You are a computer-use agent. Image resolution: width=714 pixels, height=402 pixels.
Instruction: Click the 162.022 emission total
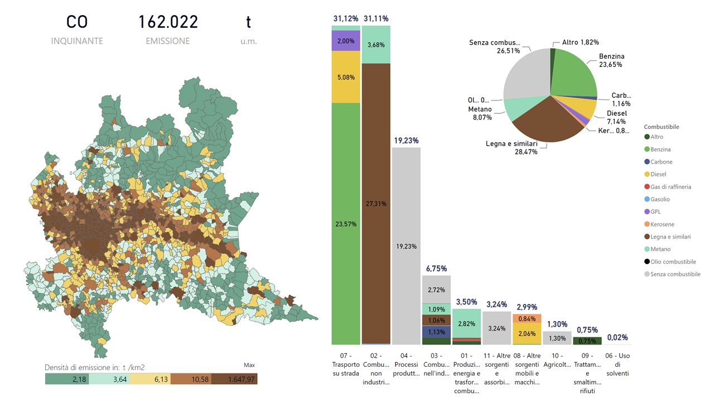tap(168, 22)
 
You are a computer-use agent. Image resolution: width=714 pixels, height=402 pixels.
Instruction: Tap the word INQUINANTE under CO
tap(77, 41)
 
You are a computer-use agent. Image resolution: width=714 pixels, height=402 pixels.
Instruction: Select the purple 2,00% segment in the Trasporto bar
tap(346, 41)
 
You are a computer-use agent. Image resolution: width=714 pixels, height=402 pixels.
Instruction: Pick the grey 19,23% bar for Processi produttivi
tap(407, 246)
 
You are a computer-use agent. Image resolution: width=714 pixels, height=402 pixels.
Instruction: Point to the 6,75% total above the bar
tap(436, 268)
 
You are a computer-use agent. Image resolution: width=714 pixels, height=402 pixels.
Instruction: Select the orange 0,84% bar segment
tap(527, 318)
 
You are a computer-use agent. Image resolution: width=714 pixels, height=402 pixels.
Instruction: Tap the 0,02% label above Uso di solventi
tap(617, 337)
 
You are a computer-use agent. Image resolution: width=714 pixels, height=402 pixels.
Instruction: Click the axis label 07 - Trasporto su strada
tap(346, 363)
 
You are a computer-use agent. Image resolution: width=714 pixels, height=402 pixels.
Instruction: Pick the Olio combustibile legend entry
tap(670, 262)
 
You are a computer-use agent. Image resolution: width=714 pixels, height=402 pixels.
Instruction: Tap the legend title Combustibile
tap(661, 127)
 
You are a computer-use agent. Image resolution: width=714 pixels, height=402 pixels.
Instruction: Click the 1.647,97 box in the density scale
tap(234, 379)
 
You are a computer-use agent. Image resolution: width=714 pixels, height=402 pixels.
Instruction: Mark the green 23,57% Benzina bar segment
tap(346, 223)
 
